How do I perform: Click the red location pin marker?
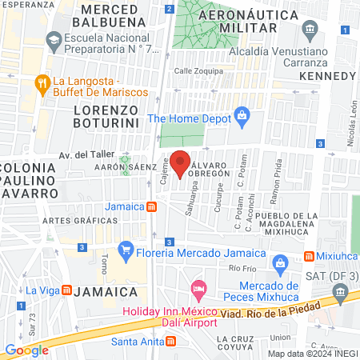tap(181, 163)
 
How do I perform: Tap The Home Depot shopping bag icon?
tap(242, 118)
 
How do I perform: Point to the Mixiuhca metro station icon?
tap(309, 256)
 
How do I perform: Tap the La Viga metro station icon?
tap(66, 290)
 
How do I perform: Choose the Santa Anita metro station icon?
tap(170, 342)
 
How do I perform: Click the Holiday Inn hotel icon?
tap(197, 287)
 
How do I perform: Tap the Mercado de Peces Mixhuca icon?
tap(280, 263)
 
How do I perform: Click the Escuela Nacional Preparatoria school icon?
tap(53, 38)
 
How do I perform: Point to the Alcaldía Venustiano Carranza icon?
tap(310, 30)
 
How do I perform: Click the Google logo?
tap(27, 350)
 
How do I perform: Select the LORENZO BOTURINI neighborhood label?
tap(106, 115)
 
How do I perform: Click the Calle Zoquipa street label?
tap(198, 70)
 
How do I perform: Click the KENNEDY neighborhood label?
tap(326, 75)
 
